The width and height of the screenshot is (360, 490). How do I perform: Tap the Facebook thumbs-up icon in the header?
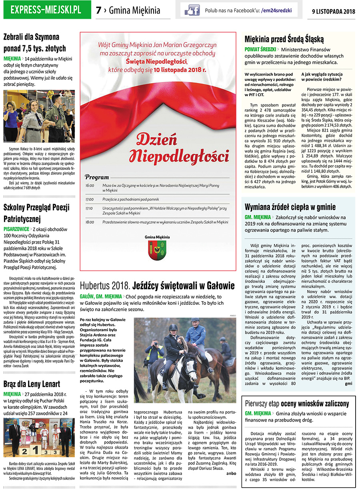(x=192, y=10)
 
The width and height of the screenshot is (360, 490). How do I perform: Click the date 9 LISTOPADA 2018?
(x=333, y=11)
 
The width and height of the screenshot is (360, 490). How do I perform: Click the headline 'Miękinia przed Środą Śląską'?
(x=284, y=39)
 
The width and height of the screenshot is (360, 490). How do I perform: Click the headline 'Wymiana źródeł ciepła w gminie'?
(x=290, y=207)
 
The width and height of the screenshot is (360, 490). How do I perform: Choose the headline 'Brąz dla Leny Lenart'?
(x=32, y=384)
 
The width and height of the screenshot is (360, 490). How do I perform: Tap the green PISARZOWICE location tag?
(x=16, y=229)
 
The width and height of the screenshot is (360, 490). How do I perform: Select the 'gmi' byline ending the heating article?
(x=348, y=383)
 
